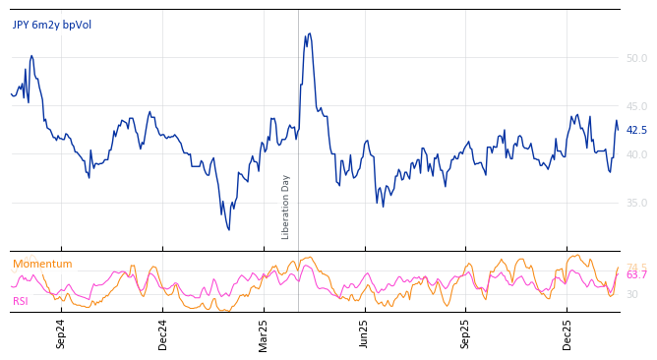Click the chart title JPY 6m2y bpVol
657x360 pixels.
coord(52,25)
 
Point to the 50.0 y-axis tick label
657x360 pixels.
coord(636,58)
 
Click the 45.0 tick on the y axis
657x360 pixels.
coord(636,106)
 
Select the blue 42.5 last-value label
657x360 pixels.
coord(636,130)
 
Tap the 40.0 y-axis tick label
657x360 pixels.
coord(636,154)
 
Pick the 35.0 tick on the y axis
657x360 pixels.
coord(636,203)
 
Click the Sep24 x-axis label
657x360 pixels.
coord(61,333)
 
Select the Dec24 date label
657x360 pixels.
coord(163,333)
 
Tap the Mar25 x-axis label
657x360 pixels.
coord(264,333)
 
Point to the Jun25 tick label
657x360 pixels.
coord(365,333)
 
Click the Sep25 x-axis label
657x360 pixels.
coord(466,333)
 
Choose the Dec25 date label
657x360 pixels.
coord(567,333)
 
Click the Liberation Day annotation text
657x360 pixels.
coord(286,207)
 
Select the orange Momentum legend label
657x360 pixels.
coord(42,264)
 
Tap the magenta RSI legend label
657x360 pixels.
coord(21,301)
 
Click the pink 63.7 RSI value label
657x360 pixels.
coord(636,275)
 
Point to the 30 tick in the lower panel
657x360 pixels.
coord(632,294)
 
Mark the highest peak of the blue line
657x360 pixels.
coord(309,33)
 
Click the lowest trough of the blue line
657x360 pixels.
coord(228,230)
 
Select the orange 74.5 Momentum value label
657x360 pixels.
coord(636,267)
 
